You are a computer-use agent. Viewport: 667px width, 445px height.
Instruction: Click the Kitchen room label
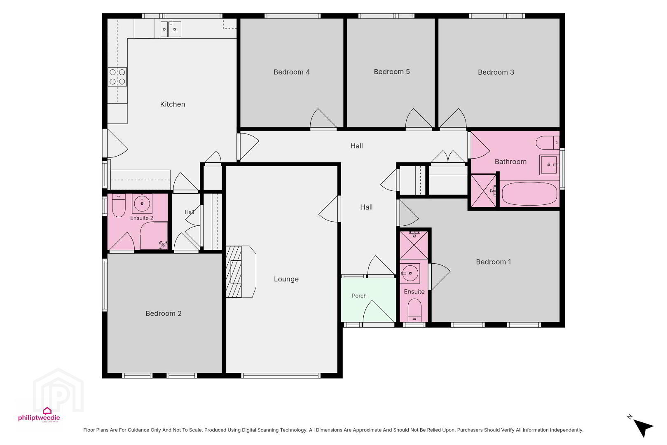[172, 104]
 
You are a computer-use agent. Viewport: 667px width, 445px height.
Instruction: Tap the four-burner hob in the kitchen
[117, 77]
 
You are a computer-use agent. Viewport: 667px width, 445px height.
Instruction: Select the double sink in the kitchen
[171, 29]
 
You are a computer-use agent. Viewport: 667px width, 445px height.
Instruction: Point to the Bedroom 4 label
[292, 72]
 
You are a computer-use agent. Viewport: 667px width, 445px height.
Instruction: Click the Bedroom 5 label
[391, 72]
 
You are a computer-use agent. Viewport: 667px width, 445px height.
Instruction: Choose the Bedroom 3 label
[496, 73]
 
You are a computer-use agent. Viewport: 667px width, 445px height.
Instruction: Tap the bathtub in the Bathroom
[529, 194]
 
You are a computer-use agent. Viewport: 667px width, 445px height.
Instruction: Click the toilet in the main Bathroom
[548, 143]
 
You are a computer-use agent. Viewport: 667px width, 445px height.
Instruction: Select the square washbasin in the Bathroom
[548, 165]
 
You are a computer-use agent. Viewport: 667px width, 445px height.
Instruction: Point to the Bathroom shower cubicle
[484, 191]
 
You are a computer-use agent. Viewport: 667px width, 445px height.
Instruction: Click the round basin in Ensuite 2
[142, 204]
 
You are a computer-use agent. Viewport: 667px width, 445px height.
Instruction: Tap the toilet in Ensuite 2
[119, 206]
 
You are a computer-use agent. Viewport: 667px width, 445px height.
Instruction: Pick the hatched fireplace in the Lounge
[234, 272]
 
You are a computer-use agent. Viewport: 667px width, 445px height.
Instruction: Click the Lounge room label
[286, 279]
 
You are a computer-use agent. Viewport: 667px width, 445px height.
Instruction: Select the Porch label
[359, 296]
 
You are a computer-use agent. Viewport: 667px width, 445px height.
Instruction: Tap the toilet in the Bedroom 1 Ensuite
[414, 310]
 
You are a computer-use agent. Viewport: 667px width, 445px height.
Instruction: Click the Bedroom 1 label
[494, 262]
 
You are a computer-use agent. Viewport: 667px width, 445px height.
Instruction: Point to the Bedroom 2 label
[164, 313]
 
